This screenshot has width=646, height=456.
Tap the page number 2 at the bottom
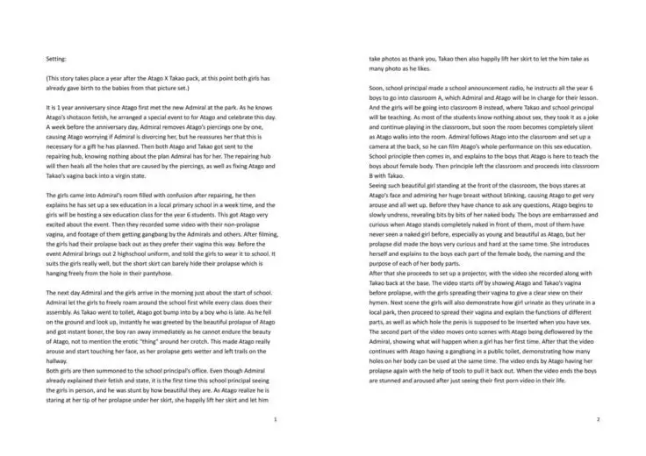(597, 419)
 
